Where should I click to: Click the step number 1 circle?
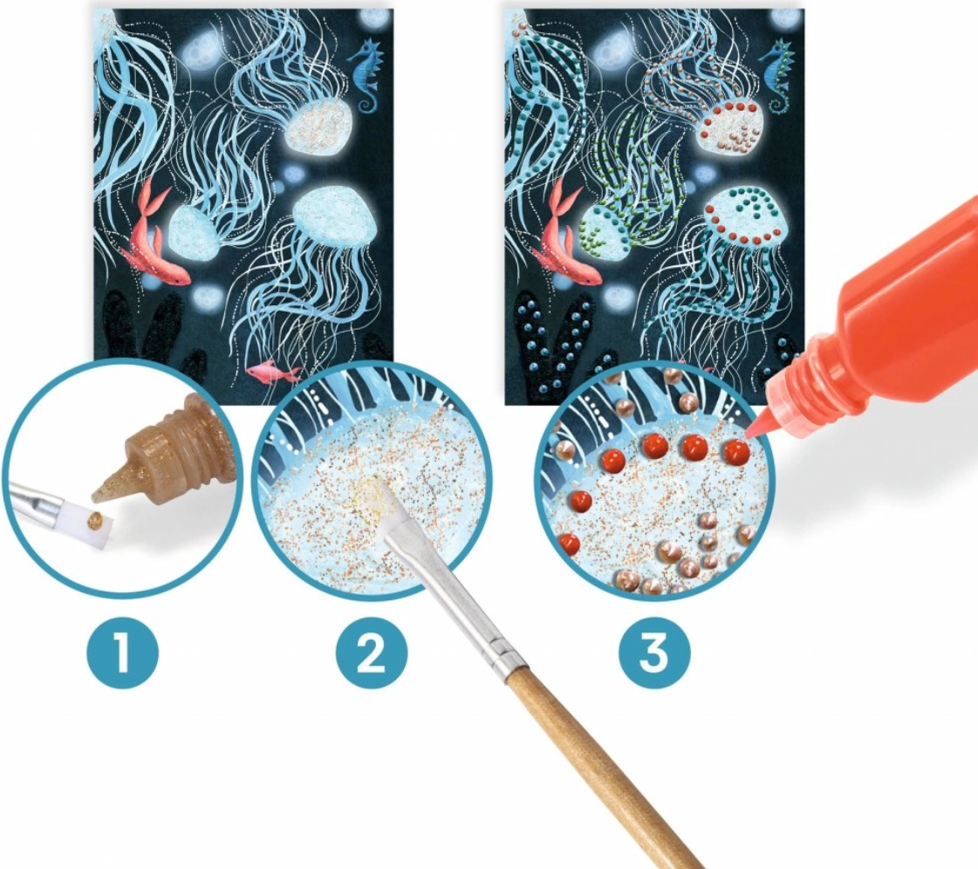(122, 653)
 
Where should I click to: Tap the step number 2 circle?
(371, 653)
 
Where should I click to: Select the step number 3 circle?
(654, 653)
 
